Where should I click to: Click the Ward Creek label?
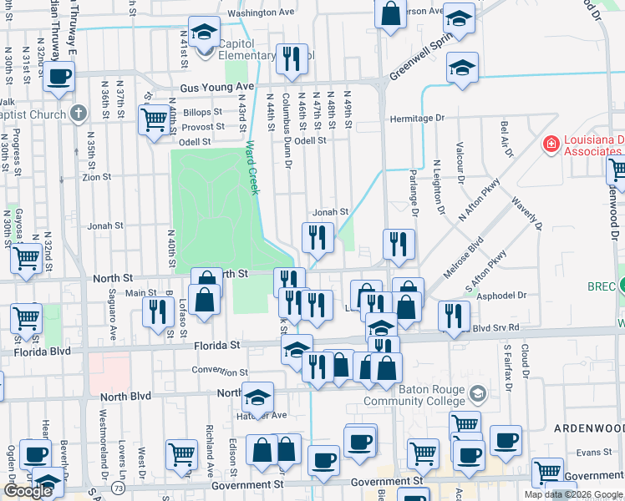(252, 167)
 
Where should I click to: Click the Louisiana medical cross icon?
(551, 144)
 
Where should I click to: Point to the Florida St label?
(217, 344)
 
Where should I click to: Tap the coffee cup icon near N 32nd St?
(58, 78)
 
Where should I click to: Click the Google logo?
(28, 491)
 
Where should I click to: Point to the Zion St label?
(97, 177)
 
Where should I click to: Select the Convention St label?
(220, 372)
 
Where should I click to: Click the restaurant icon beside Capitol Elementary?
(291, 58)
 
